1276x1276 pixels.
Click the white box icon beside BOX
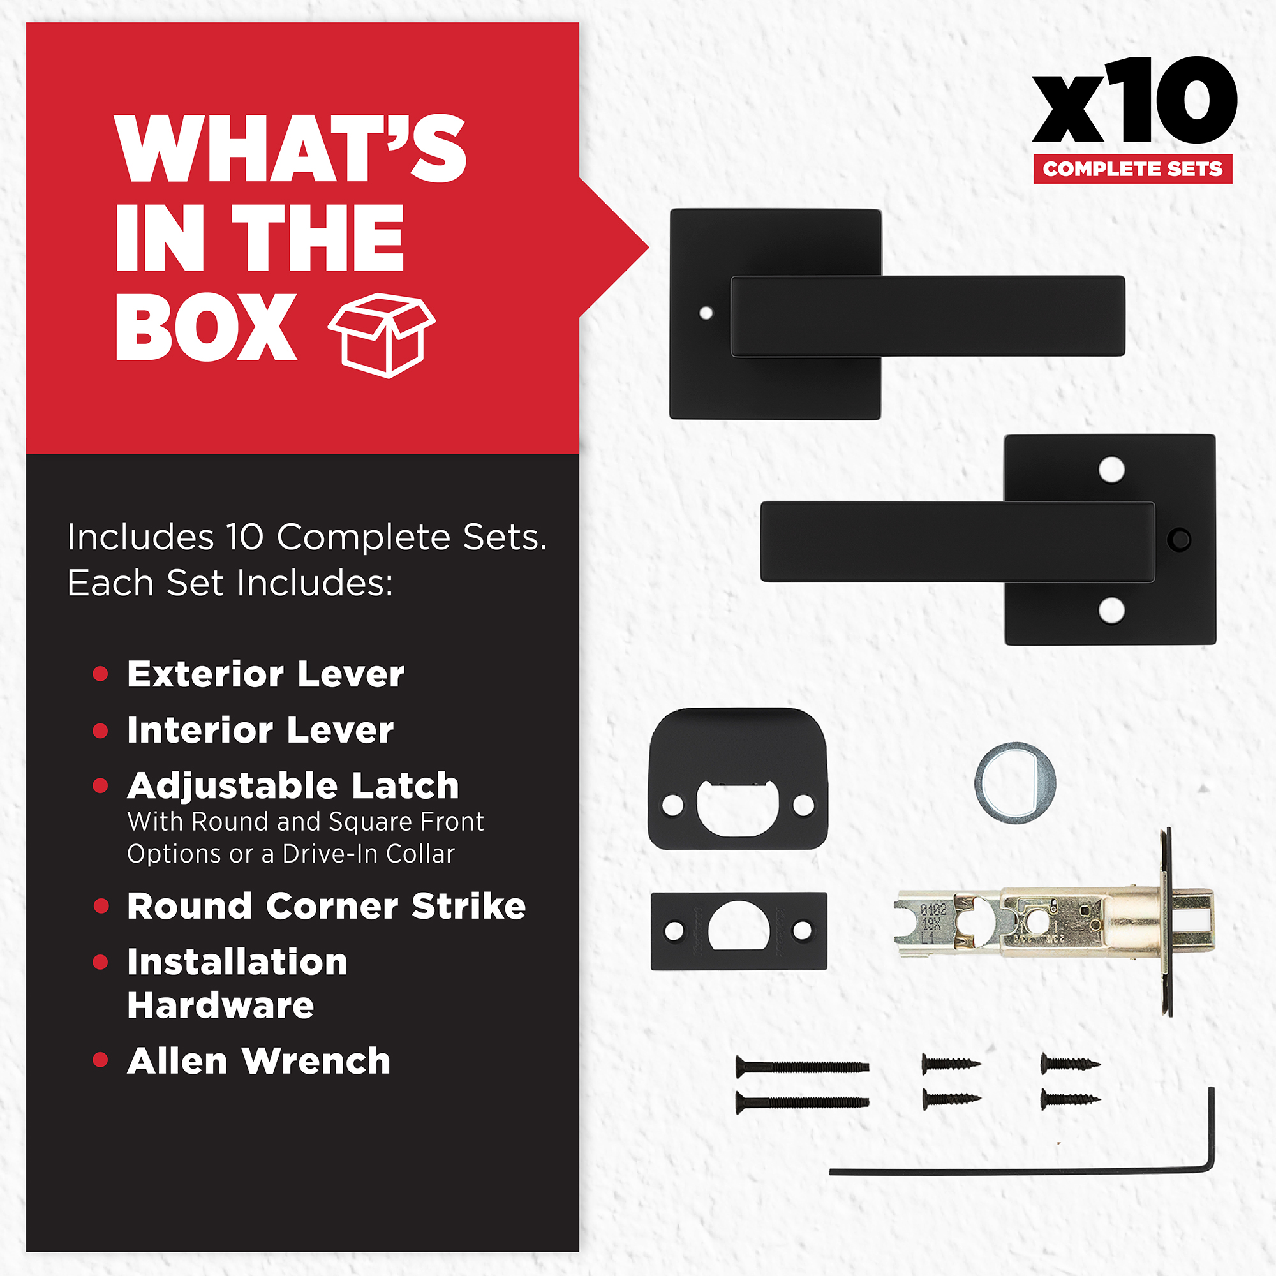(382, 336)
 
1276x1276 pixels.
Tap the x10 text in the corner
(1134, 100)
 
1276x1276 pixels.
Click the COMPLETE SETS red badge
(1132, 169)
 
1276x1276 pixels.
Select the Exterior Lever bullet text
(265, 674)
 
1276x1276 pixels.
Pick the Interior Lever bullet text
(260, 731)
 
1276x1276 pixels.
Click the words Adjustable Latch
(293, 786)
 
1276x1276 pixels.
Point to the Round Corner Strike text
(326, 905)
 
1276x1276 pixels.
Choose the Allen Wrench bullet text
(259, 1062)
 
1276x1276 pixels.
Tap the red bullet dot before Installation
(100, 962)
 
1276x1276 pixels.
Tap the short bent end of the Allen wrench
(1212, 1129)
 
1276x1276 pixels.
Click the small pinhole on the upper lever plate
(706, 313)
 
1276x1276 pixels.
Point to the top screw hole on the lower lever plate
(1111, 470)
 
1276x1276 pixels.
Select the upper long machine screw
(803, 1066)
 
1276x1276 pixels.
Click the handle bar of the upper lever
(928, 316)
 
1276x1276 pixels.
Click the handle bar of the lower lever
(958, 542)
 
